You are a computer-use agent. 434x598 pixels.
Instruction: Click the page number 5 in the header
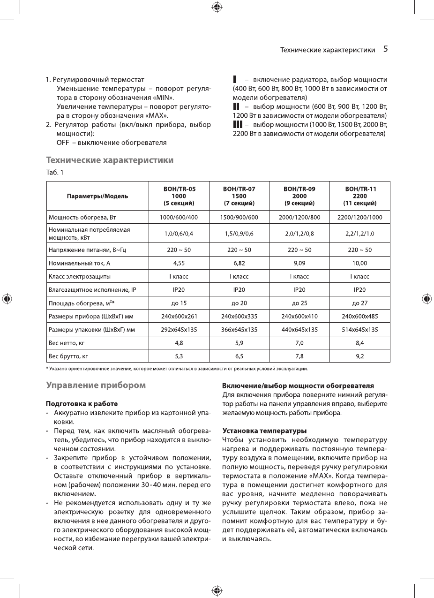386,49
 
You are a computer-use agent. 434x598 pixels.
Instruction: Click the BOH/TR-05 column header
179,196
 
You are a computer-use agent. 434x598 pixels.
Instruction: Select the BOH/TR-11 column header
360,196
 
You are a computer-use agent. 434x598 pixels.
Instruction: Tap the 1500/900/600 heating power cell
239,217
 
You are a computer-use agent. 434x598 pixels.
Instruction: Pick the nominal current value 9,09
299,263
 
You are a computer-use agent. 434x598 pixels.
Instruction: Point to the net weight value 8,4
360,343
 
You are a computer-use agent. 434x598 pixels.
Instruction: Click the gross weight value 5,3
179,356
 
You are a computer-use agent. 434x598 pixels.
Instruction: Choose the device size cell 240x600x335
239,316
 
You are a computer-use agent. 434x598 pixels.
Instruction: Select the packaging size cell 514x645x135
360,330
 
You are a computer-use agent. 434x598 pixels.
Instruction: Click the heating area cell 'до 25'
299,303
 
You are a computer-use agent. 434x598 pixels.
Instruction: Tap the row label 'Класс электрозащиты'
80,277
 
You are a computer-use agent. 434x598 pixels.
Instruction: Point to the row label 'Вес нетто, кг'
67,343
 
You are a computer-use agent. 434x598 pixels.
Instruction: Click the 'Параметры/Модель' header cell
97,196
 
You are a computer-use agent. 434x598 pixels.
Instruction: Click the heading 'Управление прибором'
96,386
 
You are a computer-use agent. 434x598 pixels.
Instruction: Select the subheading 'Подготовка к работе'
82,403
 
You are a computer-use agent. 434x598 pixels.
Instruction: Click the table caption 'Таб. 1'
54,172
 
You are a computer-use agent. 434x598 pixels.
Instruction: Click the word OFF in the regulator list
63,142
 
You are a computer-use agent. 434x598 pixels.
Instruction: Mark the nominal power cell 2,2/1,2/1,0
360,233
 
